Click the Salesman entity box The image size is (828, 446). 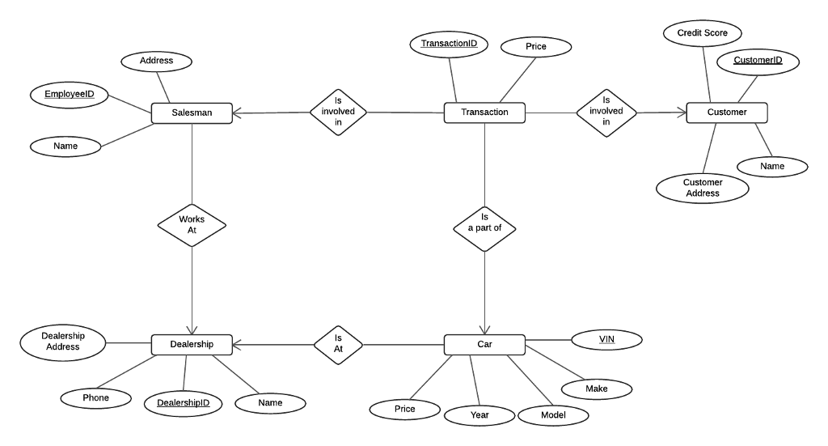(x=192, y=113)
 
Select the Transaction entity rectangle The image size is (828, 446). (x=484, y=113)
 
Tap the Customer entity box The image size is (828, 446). (x=726, y=113)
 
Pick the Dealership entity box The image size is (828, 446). (x=192, y=344)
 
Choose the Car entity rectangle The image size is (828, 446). (x=484, y=344)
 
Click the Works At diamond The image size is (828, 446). (x=192, y=224)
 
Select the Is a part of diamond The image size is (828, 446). (x=484, y=223)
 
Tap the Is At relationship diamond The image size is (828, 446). (x=339, y=344)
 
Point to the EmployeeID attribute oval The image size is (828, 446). (x=69, y=95)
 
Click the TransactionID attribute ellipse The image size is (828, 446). (x=449, y=45)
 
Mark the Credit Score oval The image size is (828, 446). (x=702, y=33)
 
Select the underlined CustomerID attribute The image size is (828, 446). (x=758, y=61)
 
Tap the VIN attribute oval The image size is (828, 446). (x=606, y=339)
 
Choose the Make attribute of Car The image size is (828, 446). (x=596, y=389)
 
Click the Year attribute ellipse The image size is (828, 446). (x=479, y=414)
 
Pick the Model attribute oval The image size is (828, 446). (x=553, y=415)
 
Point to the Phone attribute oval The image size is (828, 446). (x=95, y=397)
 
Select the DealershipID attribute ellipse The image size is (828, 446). (x=184, y=403)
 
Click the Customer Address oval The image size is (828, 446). (x=702, y=188)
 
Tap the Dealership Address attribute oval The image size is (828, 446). (x=62, y=341)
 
